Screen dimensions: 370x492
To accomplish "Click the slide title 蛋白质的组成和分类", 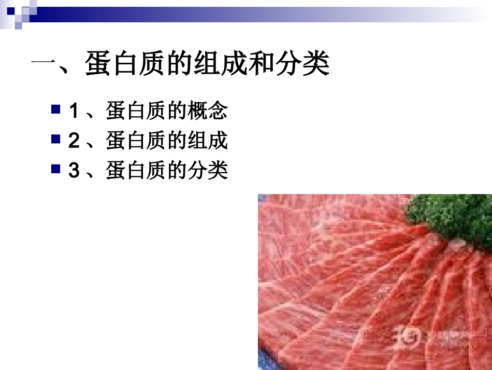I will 207,66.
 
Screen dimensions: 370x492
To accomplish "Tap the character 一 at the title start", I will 44,66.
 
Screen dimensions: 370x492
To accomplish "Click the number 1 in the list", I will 74,111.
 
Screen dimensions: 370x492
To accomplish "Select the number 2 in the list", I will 74,140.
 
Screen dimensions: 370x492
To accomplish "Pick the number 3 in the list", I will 74,170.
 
